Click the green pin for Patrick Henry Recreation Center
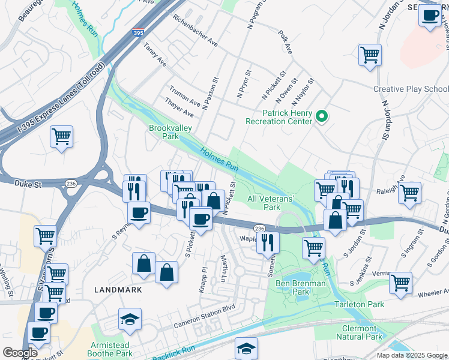322,116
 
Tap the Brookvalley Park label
164,132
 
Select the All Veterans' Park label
271,203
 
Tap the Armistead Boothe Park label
112,349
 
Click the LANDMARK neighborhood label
118,290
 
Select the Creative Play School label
411,89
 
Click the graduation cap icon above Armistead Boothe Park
130,320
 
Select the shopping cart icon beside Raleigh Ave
409,194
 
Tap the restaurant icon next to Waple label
268,243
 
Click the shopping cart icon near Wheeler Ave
400,283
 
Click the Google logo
20,353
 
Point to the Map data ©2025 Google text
412,355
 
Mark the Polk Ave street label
285,44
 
